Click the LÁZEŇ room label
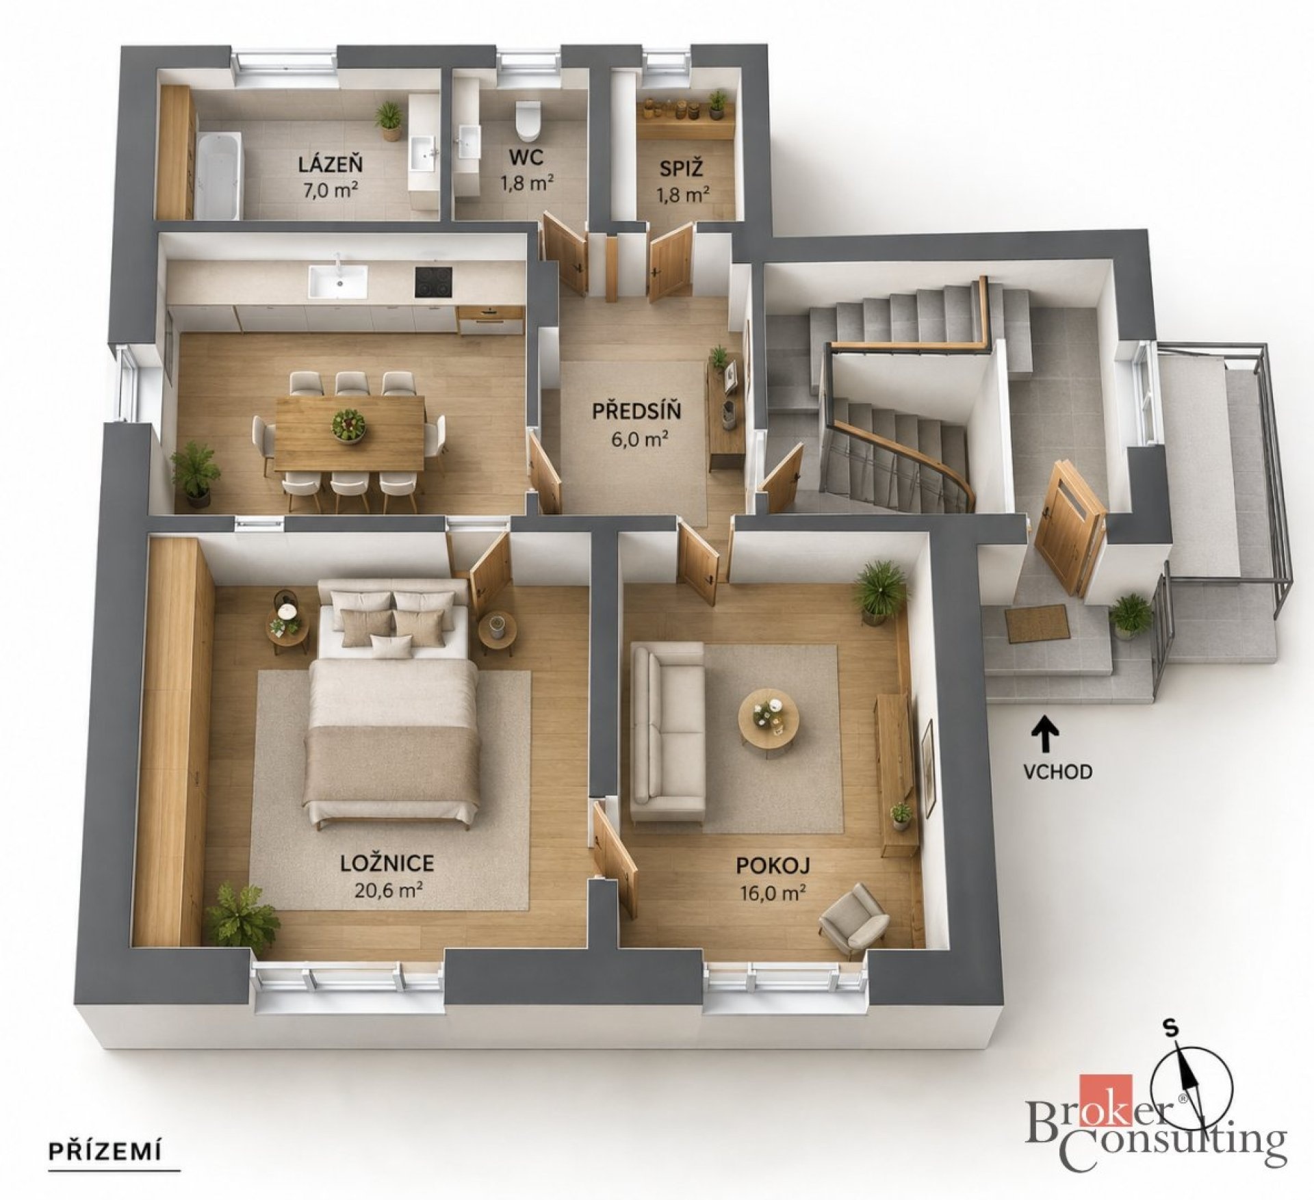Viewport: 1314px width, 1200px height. (x=329, y=164)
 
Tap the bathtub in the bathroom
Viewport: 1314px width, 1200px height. (x=219, y=175)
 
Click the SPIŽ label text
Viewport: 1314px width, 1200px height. (x=682, y=168)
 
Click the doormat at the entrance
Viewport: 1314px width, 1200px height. (x=1036, y=624)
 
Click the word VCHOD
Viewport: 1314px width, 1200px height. (x=1057, y=772)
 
